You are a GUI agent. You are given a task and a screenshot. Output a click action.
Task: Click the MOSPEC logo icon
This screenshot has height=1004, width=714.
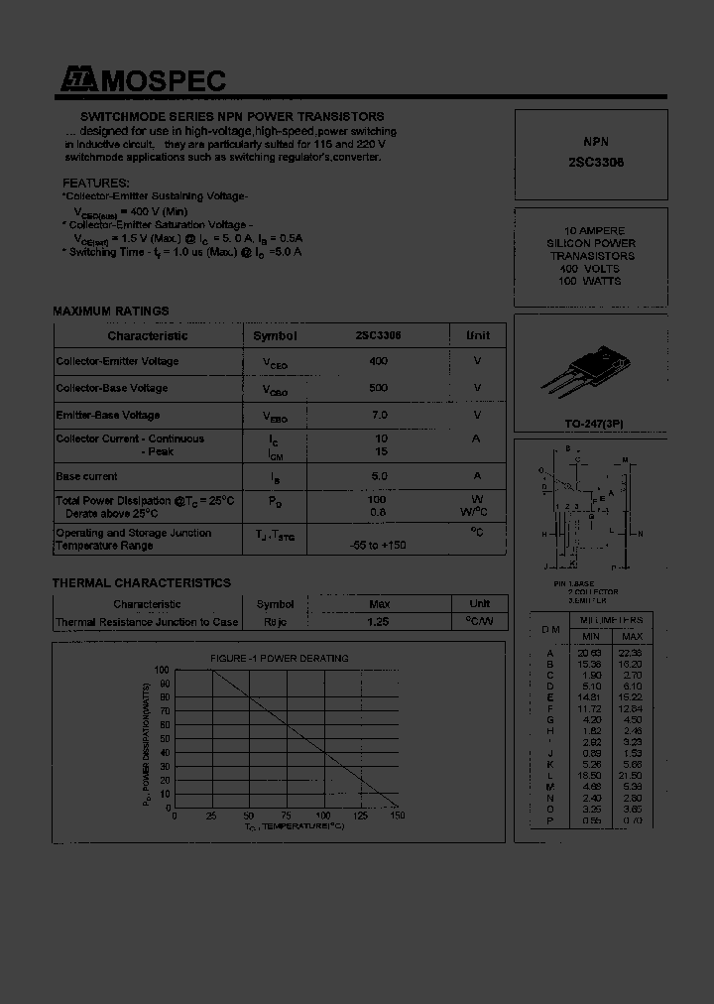coord(77,82)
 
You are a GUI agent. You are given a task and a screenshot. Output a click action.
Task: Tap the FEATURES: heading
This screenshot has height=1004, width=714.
coord(95,184)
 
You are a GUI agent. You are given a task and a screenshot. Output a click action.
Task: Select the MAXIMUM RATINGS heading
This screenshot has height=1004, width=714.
coord(110,312)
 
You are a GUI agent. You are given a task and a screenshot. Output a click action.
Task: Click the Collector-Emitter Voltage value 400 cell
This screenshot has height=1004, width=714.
coord(378,362)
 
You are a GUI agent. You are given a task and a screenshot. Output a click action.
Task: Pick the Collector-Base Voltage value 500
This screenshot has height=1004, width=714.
coord(378,388)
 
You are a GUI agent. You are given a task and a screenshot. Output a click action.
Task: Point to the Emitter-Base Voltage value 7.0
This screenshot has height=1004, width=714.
coord(378,415)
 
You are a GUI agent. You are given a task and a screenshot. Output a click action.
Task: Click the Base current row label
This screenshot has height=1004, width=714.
coord(86,477)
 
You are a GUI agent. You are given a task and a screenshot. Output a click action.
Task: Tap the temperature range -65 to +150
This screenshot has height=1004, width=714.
coord(378,546)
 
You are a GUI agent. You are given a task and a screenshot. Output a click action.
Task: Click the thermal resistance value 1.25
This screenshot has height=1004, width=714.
coord(378,622)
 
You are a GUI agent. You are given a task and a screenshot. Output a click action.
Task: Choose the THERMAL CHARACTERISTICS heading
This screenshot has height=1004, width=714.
coord(141,583)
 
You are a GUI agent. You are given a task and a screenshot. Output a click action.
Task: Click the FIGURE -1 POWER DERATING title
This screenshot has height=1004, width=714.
coord(279,659)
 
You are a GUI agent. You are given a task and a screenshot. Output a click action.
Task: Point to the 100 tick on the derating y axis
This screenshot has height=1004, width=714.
coord(163,672)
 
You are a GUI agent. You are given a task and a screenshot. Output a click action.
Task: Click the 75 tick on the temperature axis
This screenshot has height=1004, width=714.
coord(287,816)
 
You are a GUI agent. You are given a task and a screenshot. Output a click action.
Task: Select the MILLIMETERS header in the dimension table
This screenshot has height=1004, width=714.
coord(611,619)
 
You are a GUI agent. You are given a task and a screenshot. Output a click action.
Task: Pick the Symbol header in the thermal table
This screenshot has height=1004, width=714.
coord(275,604)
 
